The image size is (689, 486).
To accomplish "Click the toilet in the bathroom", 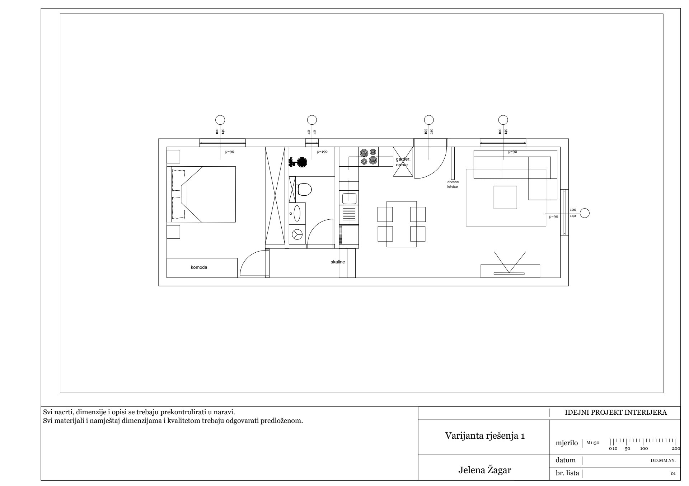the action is [x=304, y=189].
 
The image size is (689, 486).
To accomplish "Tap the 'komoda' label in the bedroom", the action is [x=199, y=267].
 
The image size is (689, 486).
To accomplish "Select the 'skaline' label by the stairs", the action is [x=338, y=262].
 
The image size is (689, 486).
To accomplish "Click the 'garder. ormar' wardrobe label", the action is [x=402, y=162].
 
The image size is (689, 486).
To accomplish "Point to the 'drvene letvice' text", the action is [x=453, y=184].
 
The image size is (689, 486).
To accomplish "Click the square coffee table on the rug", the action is [x=505, y=197].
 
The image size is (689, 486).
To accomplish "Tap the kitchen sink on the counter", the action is [x=349, y=198].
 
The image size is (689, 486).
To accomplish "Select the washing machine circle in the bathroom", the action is [x=297, y=234].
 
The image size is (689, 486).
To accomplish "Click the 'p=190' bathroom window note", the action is [x=322, y=152].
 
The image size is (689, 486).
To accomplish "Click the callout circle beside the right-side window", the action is [x=585, y=213].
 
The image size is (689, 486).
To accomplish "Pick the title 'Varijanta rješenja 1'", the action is [x=485, y=436].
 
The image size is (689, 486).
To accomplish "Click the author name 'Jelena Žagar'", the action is [x=484, y=470].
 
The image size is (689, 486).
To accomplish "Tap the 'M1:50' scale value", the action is [x=593, y=443].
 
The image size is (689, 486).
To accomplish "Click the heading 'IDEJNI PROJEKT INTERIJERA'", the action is [x=616, y=413].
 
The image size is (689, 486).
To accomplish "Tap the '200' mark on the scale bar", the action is [x=676, y=448].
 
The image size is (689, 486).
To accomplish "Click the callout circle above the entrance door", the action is [x=428, y=120].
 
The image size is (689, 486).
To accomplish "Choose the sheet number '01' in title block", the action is [x=673, y=473].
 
